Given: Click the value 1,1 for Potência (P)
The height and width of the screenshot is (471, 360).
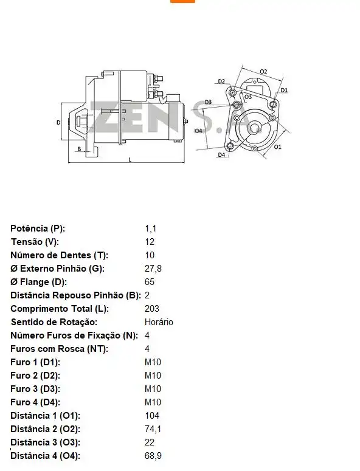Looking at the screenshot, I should tap(151, 229).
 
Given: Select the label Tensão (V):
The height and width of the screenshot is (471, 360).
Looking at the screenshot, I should tap(35, 242).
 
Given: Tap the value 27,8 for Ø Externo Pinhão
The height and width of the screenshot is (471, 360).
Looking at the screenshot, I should tap(153, 269).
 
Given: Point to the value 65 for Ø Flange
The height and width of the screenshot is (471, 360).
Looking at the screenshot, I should tap(150, 282).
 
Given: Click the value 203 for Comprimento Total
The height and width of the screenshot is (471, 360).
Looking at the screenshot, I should tap(152, 309).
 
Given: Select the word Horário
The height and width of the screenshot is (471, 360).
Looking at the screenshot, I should tap(159, 322).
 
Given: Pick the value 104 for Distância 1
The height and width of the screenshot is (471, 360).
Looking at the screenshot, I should tap(152, 416).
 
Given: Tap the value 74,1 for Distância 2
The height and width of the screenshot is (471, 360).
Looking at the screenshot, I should tap(153, 429).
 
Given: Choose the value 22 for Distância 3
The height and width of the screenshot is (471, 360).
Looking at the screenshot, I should tap(150, 442).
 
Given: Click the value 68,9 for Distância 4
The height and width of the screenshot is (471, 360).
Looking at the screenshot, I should tap(153, 456).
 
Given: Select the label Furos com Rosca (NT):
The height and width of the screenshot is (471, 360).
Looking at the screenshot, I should tap(59, 349).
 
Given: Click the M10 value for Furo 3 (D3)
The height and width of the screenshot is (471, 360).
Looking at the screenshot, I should tap(153, 389).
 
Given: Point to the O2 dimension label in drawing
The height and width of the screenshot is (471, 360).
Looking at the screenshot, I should tap(263, 71).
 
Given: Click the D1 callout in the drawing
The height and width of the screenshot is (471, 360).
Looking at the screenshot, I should tap(284, 91).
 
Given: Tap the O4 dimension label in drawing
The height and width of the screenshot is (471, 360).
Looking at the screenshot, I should tap(198, 131).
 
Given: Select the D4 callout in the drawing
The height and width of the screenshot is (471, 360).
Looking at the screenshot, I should tap(221, 155).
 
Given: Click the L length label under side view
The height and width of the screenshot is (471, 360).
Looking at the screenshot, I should tap(130, 159).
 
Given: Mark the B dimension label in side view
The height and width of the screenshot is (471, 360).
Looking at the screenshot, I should tap(79, 149).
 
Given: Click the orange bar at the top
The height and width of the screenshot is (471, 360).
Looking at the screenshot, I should tap(182, 1).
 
